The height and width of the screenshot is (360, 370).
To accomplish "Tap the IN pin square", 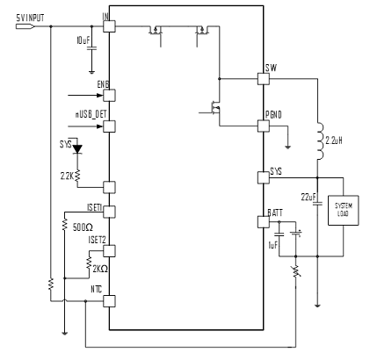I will [x=109, y=26].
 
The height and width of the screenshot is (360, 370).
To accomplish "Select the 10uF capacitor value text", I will [x=83, y=42].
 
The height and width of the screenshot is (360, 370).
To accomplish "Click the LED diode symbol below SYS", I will [x=76, y=149].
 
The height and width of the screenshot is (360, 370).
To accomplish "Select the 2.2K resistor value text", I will [x=66, y=176].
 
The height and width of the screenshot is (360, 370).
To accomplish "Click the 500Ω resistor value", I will [x=82, y=227].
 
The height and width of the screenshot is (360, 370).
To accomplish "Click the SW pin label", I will [x=271, y=67].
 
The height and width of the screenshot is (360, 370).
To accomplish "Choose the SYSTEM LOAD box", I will [x=343, y=210].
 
